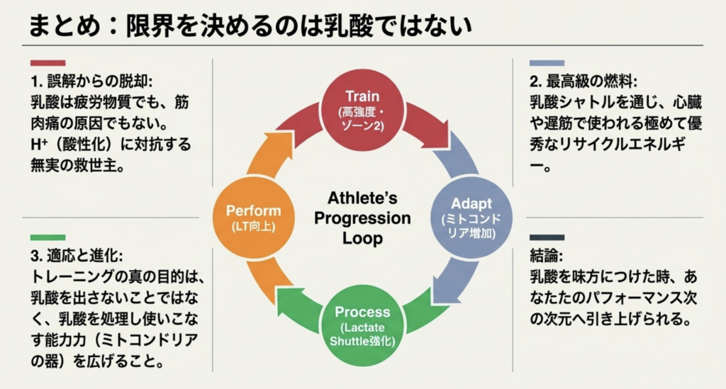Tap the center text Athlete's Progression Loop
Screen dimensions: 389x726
pos(363,218)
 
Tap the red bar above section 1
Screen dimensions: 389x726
pos(48,63)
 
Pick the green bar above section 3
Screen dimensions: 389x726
pos(48,237)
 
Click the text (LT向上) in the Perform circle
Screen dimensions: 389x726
pos(253,227)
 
